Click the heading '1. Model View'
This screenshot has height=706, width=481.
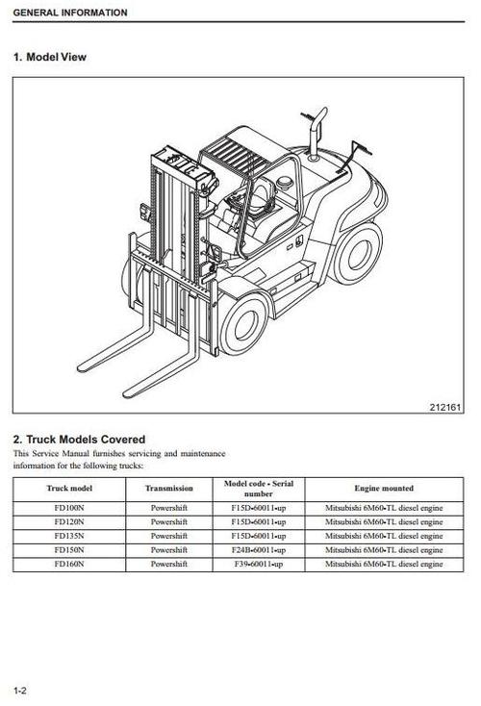[49, 57]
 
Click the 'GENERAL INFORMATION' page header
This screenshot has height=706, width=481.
[70, 13]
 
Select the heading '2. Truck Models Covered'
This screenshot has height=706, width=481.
[79, 440]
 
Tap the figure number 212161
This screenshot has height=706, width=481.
[445, 408]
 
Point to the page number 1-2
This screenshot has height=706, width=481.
[20, 691]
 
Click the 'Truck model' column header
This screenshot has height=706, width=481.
[69, 488]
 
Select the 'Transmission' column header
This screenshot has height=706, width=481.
[169, 488]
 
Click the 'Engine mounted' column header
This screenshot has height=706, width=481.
[384, 488]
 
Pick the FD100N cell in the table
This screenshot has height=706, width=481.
[69, 508]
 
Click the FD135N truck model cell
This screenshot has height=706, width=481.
[69, 536]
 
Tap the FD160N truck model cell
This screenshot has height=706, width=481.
[69, 564]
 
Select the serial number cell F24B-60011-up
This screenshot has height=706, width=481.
[259, 550]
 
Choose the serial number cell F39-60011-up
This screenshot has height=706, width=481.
[259, 564]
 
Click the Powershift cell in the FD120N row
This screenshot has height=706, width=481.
[169, 522]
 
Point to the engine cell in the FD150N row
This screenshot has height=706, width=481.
[384, 550]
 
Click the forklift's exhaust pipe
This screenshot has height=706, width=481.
[316, 133]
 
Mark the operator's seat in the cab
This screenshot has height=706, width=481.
[261, 197]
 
